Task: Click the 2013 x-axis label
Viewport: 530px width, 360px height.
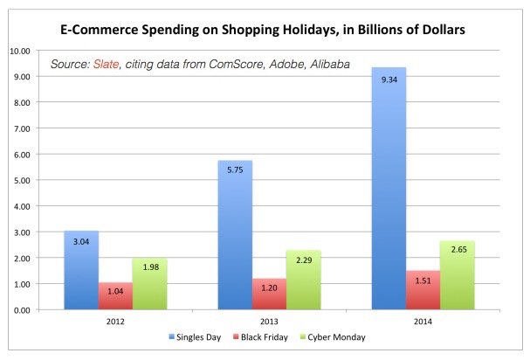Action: (270, 322)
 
